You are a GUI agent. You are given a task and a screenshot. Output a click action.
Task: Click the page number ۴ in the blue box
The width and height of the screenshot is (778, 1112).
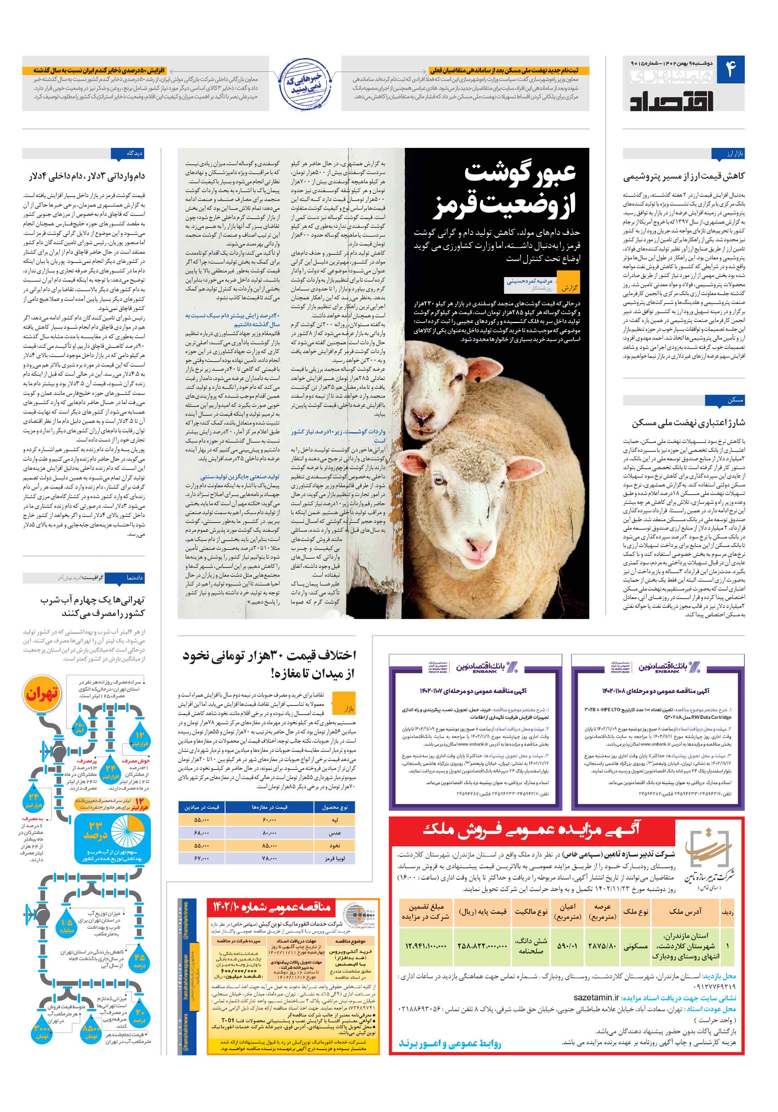click(x=730, y=70)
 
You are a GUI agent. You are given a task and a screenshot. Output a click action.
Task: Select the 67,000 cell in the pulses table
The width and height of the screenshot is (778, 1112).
click(x=201, y=858)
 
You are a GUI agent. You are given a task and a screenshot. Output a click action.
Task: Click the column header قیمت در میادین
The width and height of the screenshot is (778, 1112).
click(x=201, y=807)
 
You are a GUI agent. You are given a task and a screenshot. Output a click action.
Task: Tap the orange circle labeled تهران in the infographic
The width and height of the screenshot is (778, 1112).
click(x=42, y=695)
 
